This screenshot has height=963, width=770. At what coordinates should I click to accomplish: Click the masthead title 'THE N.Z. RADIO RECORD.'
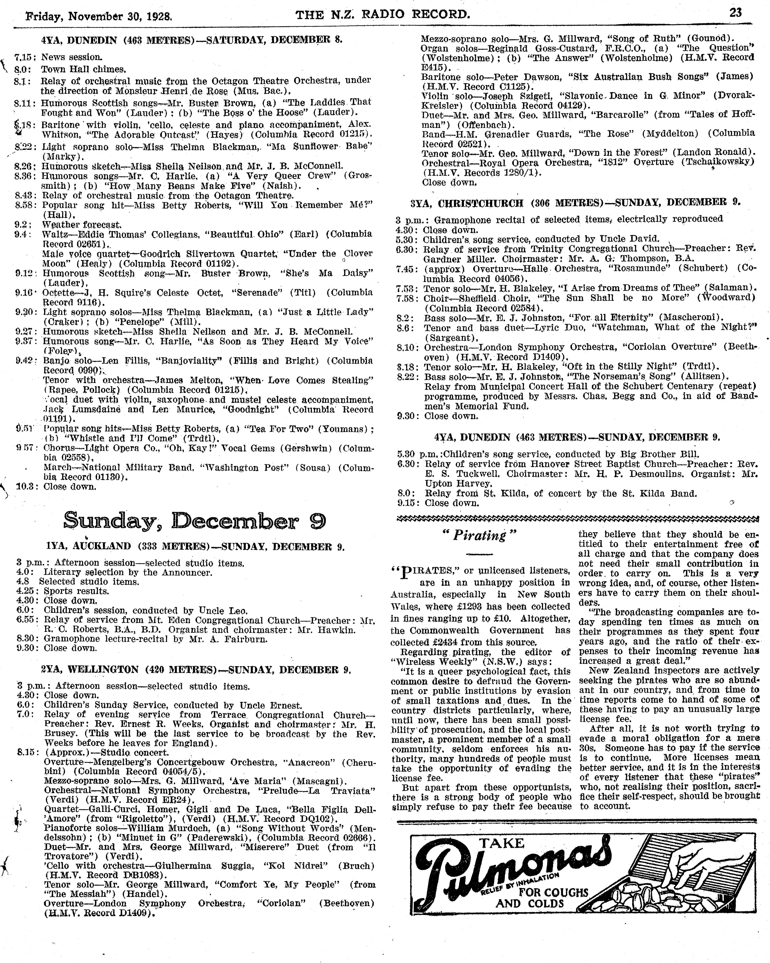tap(383, 15)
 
